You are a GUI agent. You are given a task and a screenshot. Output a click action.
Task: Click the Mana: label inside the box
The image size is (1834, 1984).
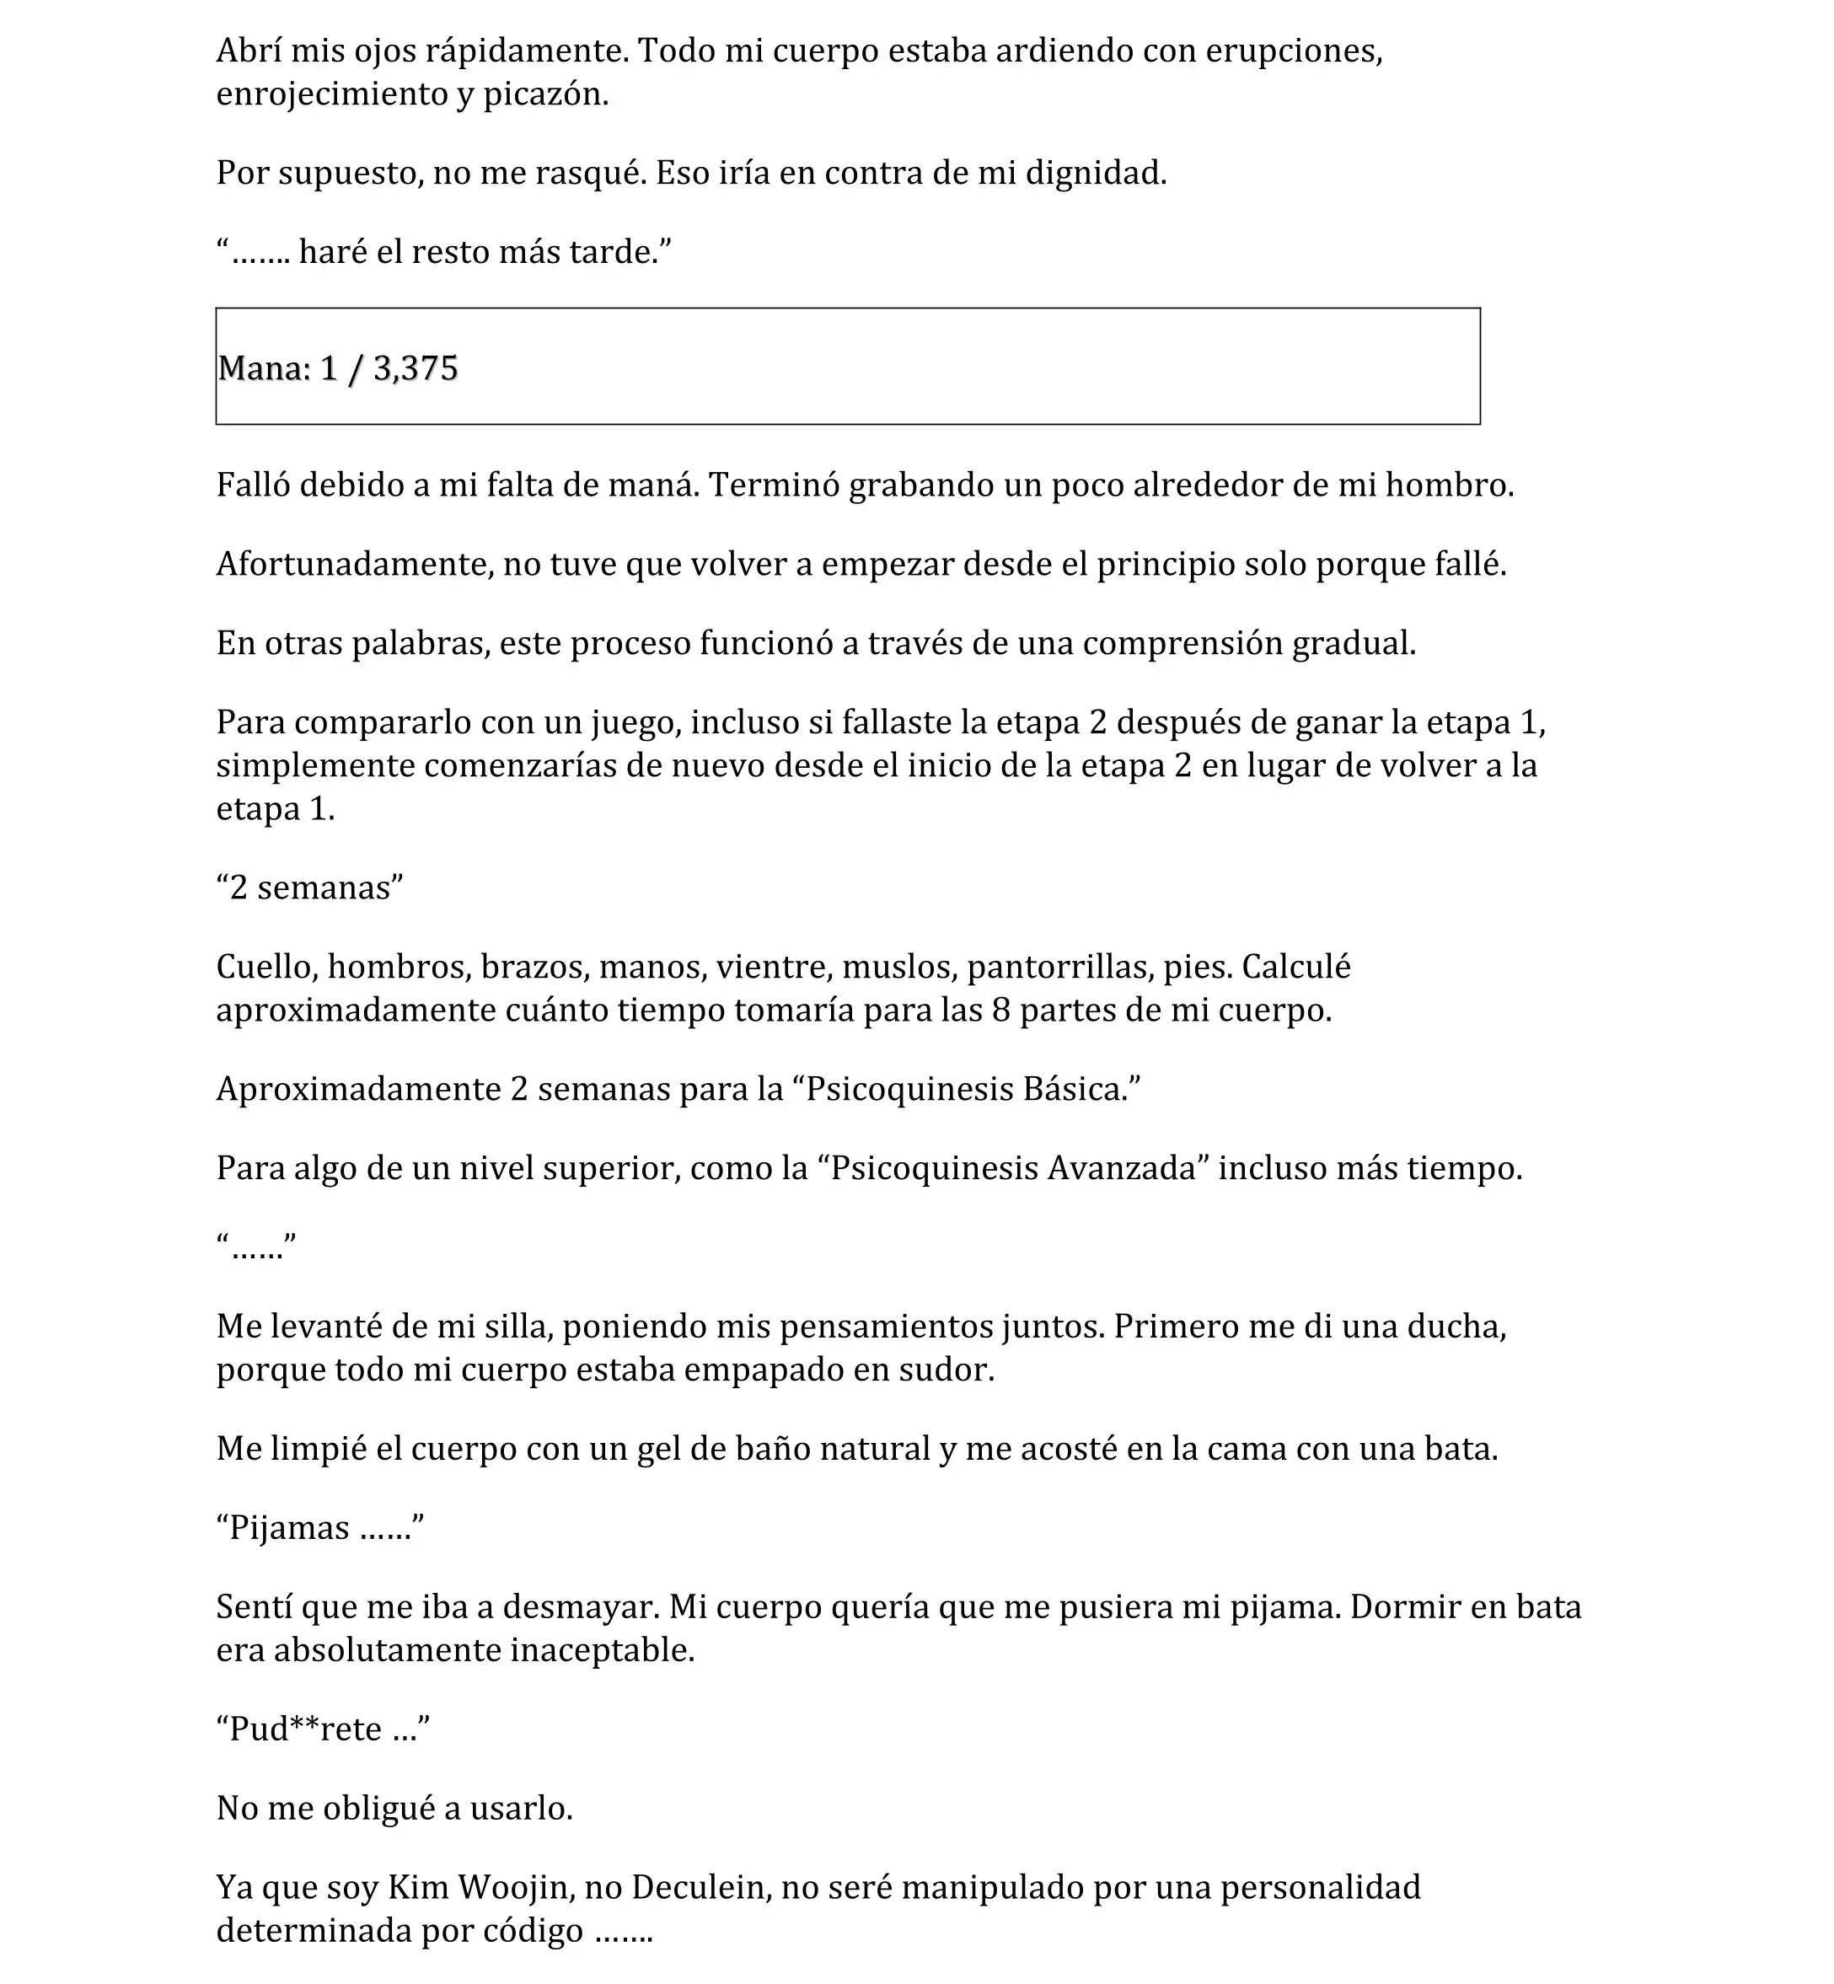pos(264,369)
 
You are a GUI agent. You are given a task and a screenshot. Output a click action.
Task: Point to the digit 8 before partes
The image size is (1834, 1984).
pos(1000,1011)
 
